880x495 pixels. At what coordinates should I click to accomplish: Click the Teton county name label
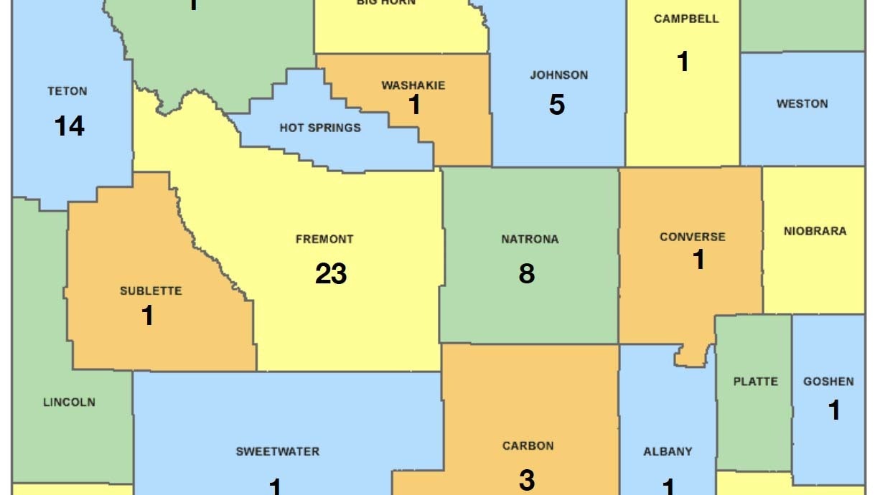67,91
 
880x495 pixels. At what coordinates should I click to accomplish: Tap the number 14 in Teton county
70,126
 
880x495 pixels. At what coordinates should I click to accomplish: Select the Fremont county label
324,239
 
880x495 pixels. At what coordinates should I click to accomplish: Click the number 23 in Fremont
331,273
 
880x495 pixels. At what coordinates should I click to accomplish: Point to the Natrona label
530,239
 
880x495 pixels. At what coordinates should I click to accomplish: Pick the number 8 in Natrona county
527,273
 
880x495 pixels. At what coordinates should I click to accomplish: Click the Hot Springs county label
320,128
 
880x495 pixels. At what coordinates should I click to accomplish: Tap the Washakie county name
413,85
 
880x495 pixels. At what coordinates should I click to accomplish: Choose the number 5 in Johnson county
557,105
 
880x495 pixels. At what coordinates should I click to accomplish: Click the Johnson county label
558,75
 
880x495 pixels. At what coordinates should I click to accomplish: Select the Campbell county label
686,19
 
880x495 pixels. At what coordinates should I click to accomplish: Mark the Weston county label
802,103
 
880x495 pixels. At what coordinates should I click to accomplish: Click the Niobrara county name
815,231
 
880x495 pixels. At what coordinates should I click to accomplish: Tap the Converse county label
693,237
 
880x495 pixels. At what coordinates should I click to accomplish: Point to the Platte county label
755,381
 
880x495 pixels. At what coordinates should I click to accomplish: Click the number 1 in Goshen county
834,410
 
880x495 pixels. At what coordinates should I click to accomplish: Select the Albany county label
668,451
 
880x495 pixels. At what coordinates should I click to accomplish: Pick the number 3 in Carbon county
527,480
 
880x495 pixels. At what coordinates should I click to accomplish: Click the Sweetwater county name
278,451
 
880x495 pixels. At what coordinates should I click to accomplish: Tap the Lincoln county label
69,402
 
